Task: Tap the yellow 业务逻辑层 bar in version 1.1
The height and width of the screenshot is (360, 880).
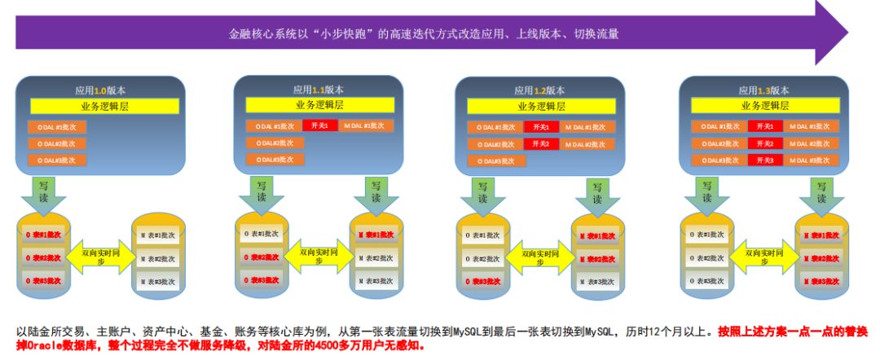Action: pos(319,105)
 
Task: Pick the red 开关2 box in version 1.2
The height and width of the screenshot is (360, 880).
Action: pos(536,143)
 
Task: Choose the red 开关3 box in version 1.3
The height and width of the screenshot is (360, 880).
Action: pos(764,160)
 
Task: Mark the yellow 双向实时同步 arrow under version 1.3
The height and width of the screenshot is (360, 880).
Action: pos(760,254)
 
